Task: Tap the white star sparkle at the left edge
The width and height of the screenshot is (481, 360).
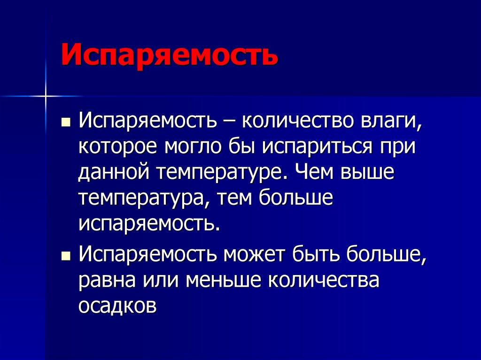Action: [x=46, y=96]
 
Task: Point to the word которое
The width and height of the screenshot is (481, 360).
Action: [x=118, y=149]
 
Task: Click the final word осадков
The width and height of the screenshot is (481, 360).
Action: [x=117, y=306]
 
